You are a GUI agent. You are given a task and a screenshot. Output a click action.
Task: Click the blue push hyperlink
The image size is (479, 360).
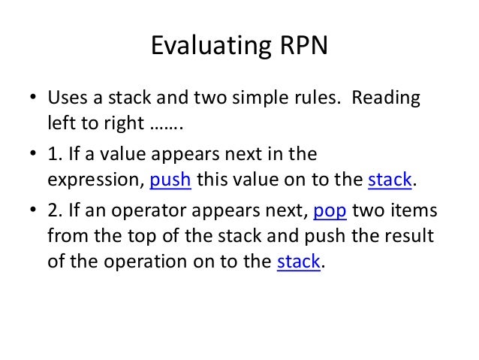[172, 181]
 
